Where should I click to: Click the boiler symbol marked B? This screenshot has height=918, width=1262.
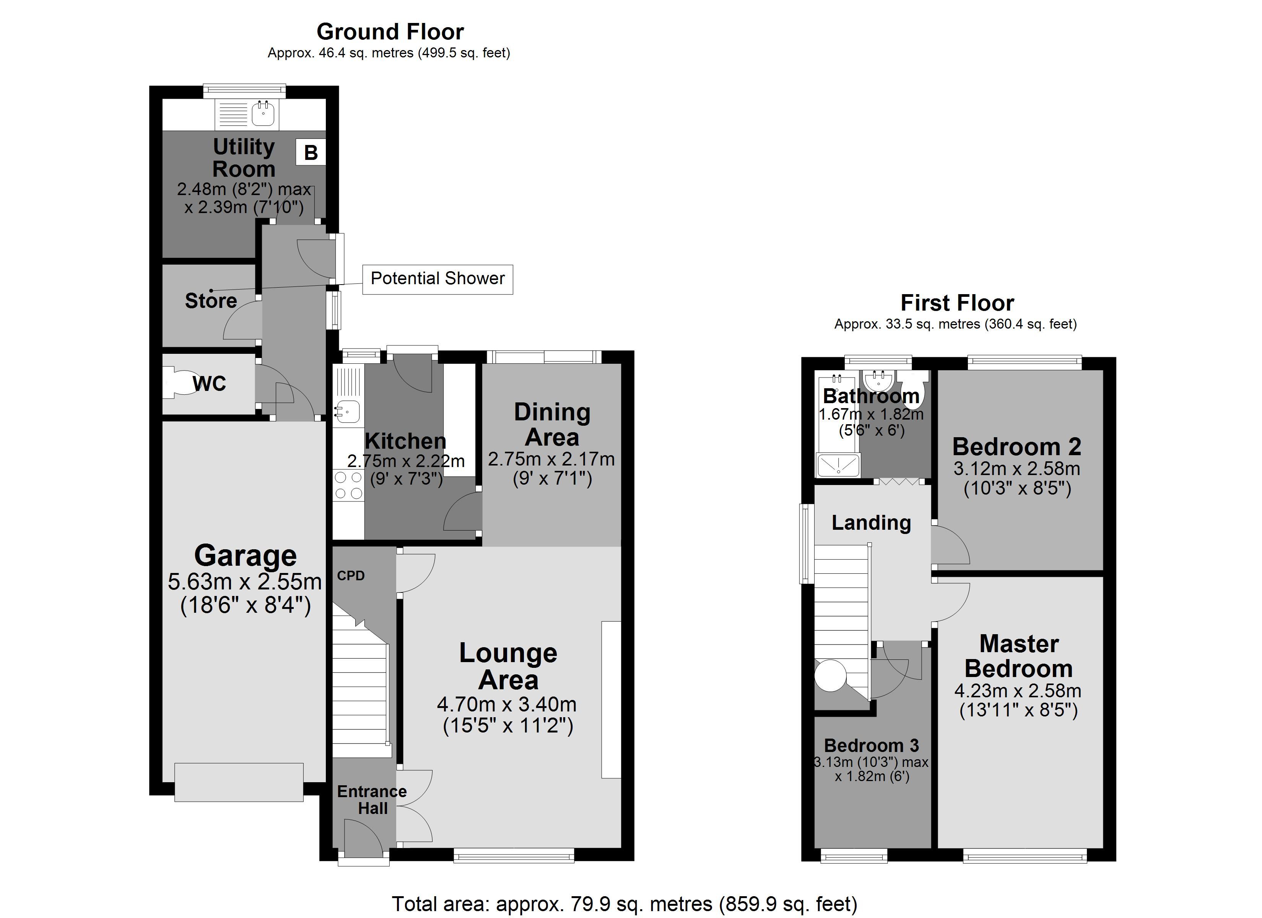311,152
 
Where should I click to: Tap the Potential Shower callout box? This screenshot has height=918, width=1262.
437,279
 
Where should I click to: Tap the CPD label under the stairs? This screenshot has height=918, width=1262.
351,576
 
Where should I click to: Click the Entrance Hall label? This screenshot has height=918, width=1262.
372,799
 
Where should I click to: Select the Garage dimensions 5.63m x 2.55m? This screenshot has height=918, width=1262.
245,582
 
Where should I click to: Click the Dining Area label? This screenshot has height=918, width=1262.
551,425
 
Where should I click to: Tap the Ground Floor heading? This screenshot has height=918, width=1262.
390,32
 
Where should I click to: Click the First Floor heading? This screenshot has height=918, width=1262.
957,303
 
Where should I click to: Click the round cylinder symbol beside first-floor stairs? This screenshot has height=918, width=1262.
830,675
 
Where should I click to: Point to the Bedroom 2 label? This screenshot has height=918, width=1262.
1016,446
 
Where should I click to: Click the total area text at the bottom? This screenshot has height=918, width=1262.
624,903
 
